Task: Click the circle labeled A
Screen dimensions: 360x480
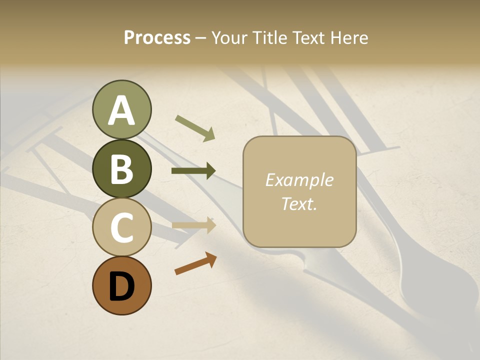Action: coord(121,109)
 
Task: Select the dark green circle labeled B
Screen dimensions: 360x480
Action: coord(121,168)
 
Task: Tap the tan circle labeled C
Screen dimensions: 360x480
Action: coord(121,227)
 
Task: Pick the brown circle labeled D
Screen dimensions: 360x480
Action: coord(121,286)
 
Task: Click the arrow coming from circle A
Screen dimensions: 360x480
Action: coord(195,127)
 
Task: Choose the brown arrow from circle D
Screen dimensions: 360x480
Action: coord(195,263)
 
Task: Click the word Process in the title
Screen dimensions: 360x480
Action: coord(157,37)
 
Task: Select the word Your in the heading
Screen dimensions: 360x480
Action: coord(230,37)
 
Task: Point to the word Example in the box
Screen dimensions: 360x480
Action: coord(299,180)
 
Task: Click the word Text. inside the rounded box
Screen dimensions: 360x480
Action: coord(299,203)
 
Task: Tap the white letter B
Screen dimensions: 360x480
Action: coord(121,169)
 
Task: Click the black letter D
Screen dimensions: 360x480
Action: coord(121,286)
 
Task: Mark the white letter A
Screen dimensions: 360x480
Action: coord(121,110)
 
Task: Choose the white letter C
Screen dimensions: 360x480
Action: coord(121,228)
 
